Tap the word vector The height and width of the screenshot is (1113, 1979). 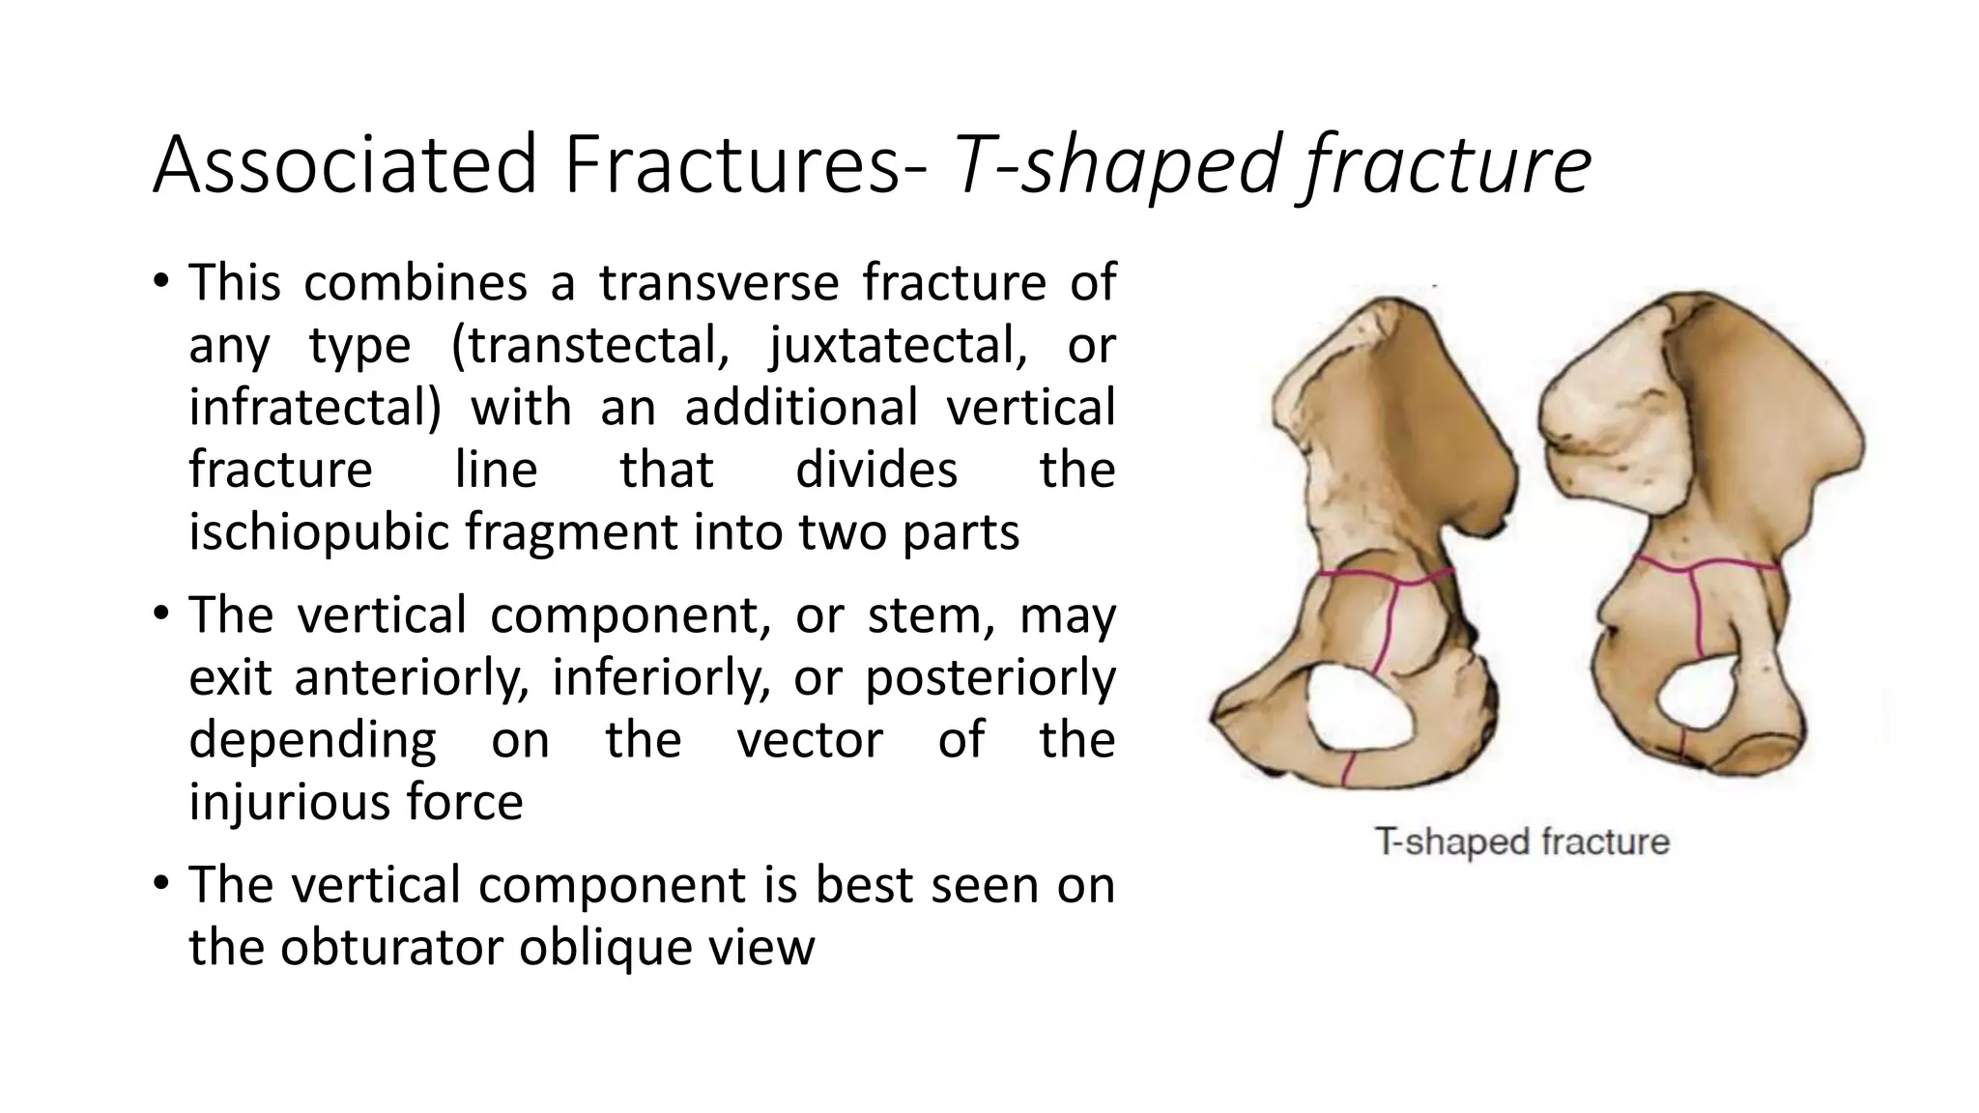click(x=809, y=740)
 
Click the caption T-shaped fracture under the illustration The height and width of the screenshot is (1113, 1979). click(x=1522, y=842)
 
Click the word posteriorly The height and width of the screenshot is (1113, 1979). click(x=989, y=677)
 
